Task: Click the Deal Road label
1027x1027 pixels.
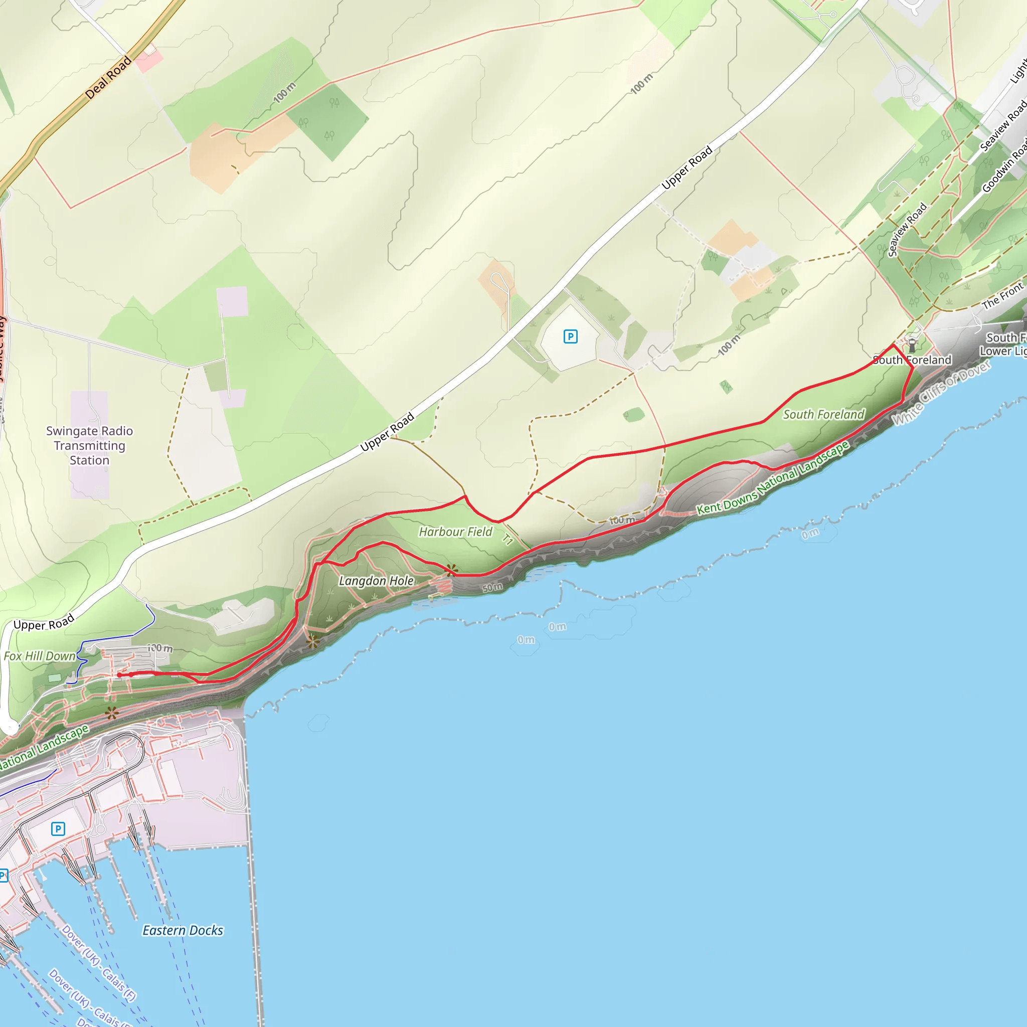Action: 108,78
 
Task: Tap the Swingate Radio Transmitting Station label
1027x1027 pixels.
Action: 89,445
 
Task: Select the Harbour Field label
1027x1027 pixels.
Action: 455,532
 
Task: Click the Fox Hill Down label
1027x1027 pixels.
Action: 40,656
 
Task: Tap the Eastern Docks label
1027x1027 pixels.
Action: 183,930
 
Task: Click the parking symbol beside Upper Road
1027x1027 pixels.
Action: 570,336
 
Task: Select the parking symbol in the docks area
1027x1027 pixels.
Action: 58,829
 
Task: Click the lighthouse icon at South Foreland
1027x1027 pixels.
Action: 912,345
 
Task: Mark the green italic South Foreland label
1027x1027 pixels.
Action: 823,414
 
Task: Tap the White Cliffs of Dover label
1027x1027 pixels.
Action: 941,393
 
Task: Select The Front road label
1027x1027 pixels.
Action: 1002,295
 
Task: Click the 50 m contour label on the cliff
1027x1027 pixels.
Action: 492,587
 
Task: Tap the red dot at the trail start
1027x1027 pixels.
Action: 119,675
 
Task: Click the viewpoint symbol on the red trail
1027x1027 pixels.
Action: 451,570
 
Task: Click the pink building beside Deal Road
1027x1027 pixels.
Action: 148,60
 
